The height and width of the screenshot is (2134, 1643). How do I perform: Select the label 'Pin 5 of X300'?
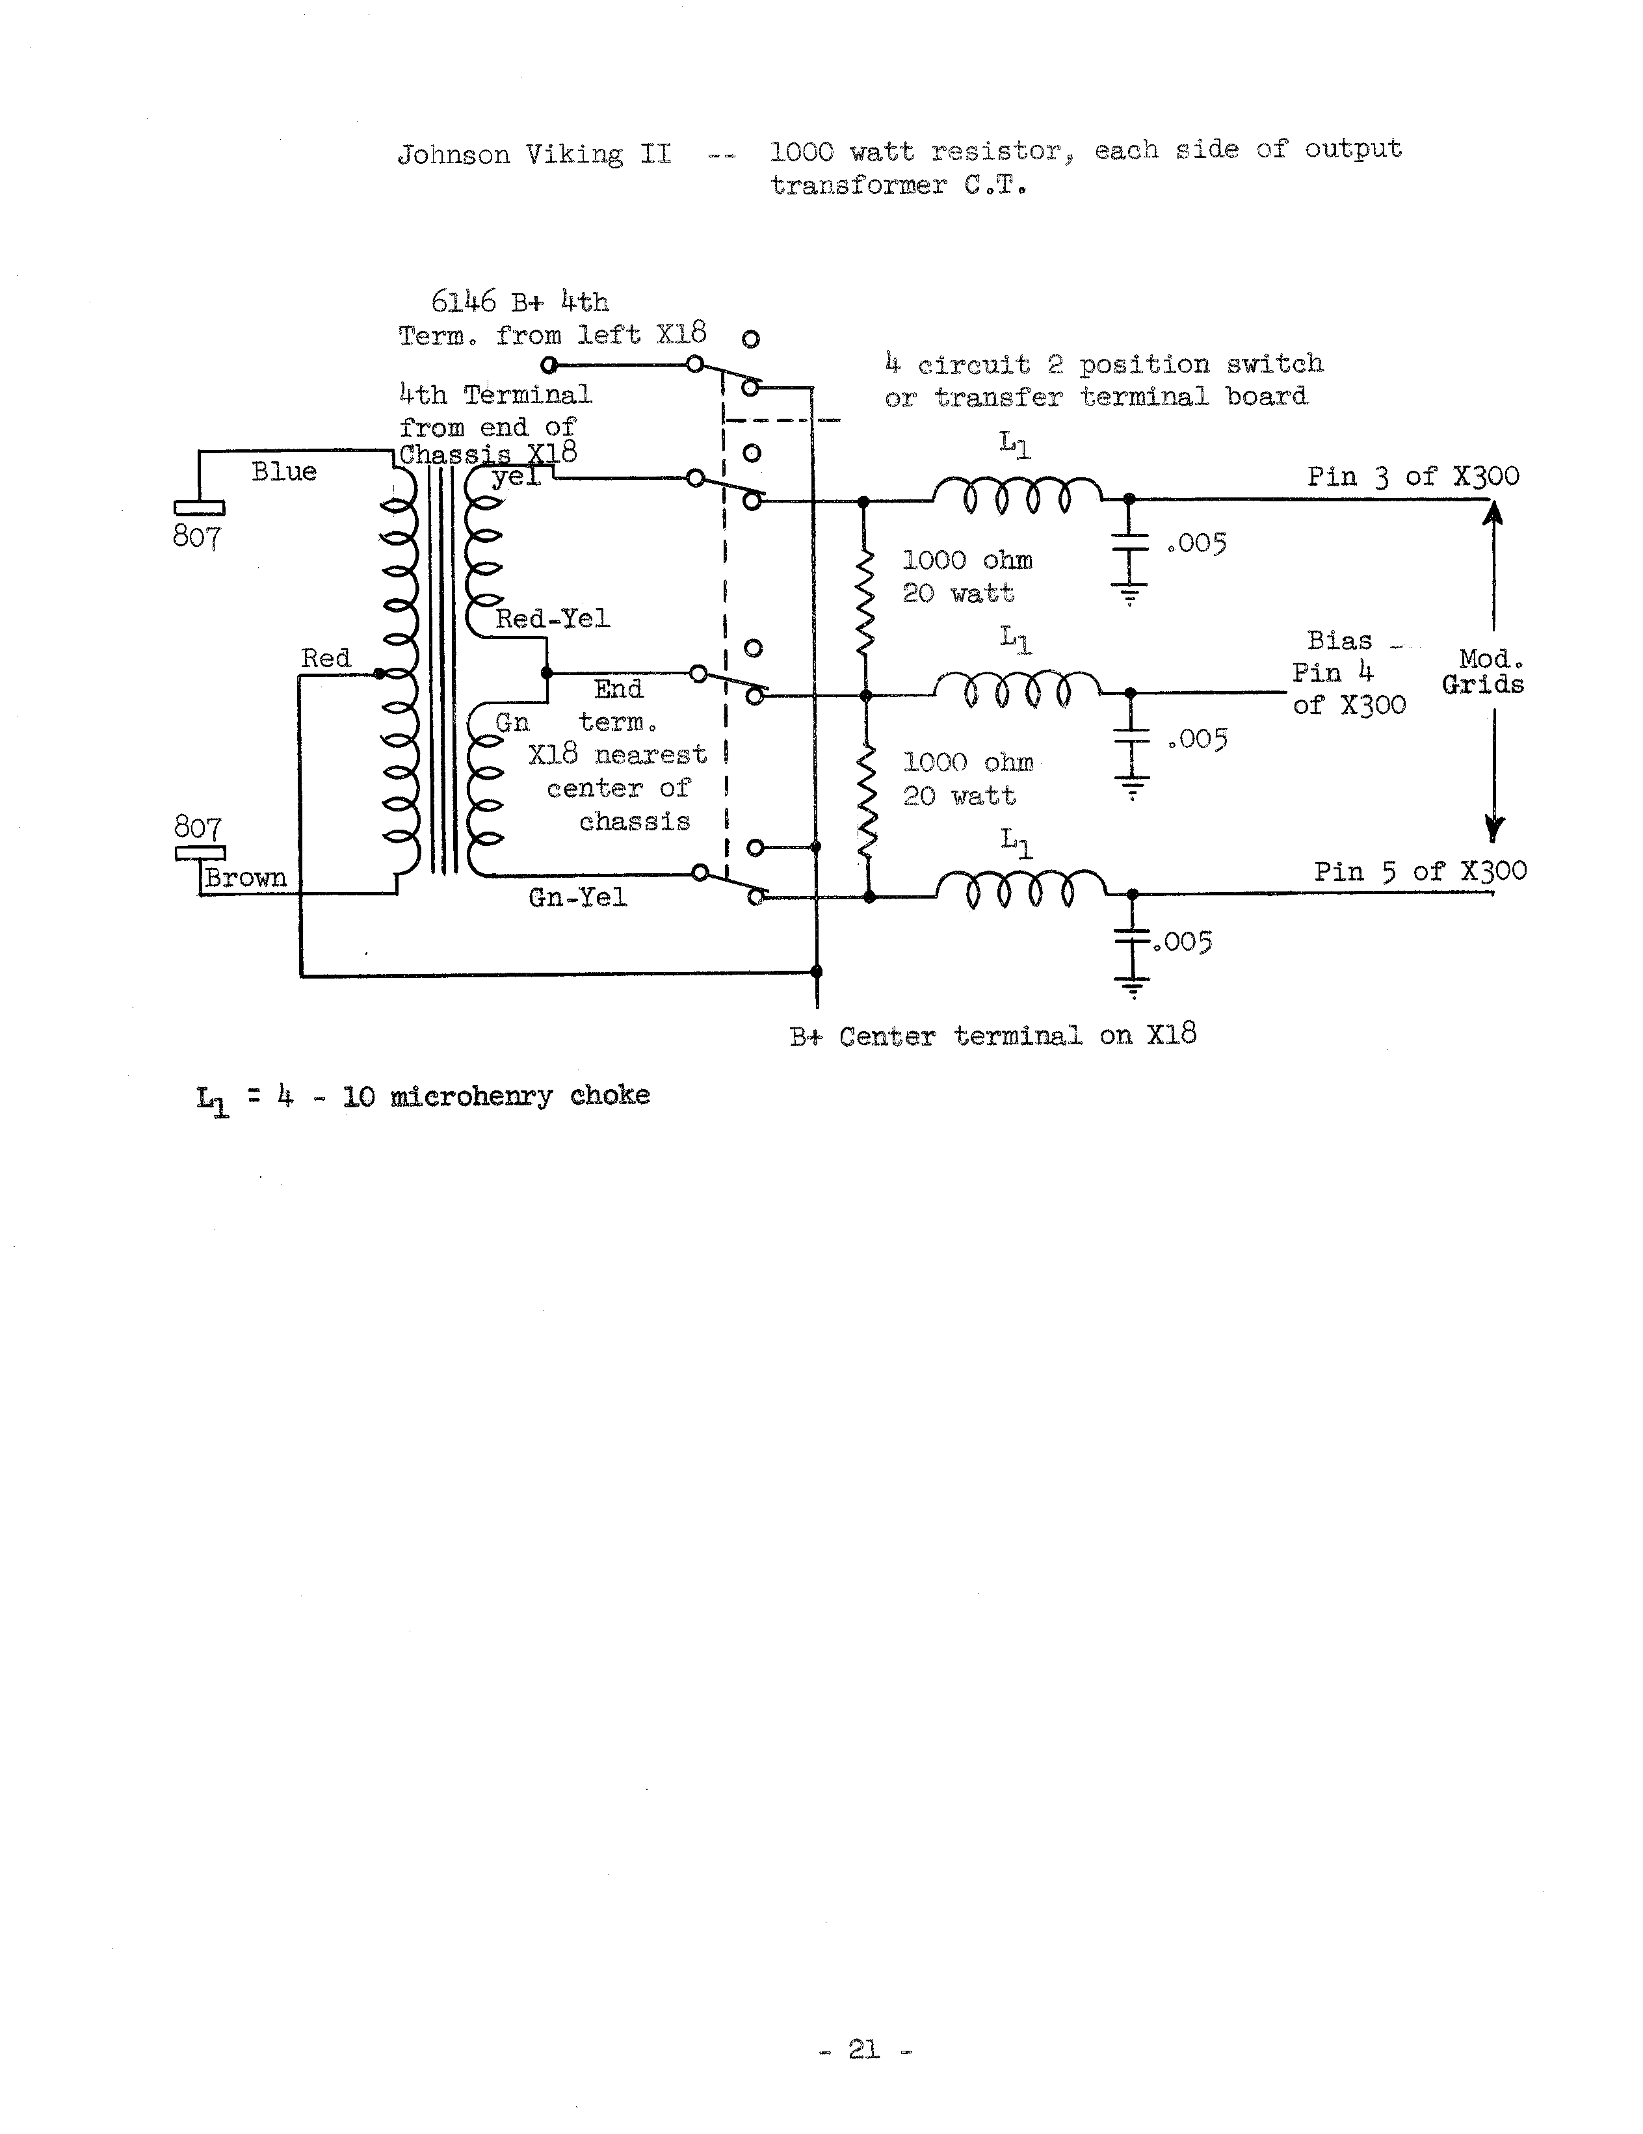click(x=1419, y=871)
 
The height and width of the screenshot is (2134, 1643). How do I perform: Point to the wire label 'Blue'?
click(x=284, y=472)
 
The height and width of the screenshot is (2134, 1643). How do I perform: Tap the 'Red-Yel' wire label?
click(x=552, y=618)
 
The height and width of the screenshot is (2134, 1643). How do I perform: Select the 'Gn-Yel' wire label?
click(x=577, y=897)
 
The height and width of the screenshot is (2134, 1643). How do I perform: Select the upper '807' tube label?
click(x=197, y=536)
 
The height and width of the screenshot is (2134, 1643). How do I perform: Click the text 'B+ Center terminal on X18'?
click(x=992, y=1036)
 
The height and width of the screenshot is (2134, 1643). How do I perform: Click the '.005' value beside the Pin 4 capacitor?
click(x=1196, y=740)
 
